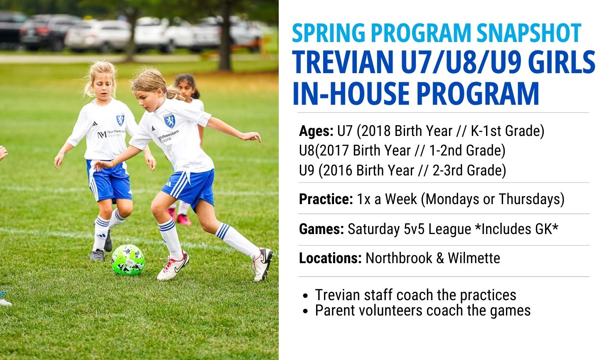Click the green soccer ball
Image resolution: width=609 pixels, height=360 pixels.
tap(128, 260)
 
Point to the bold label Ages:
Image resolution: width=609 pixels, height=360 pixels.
tap(316, 131)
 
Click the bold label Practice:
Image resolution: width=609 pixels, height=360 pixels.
tap(326, 199)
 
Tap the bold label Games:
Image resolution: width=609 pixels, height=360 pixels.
tap(322, 229)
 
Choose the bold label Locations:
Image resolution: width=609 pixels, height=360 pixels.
tap(330, 258)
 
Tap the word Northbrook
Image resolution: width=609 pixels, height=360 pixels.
tap(399, 258)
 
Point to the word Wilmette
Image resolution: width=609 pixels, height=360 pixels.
tap(474, 258)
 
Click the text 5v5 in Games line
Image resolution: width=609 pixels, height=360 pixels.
tap(414, 229)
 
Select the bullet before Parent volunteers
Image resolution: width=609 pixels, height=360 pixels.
tap(306, 311)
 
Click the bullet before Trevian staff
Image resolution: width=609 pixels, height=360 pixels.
tap(306, 296)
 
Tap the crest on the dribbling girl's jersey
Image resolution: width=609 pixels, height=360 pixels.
tap(169, 121)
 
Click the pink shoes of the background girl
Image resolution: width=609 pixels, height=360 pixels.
tap(180, 216)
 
